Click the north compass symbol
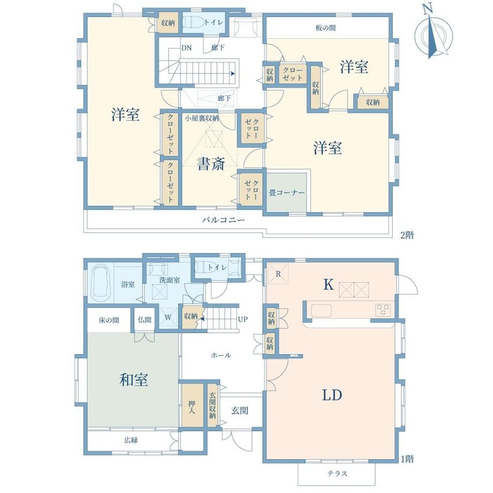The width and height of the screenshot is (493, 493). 434,35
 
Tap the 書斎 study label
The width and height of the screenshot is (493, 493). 211,164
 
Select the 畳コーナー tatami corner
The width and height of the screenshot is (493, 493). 287,192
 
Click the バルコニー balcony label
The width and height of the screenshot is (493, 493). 223,220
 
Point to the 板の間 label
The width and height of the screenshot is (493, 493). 325,28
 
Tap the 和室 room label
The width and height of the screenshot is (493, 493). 133,380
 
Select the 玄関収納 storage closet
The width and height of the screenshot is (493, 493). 213,405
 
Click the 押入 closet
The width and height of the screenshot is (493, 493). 192,406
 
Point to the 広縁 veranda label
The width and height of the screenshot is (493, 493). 131,440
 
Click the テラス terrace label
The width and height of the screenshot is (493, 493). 337,474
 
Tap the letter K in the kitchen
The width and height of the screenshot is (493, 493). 328,285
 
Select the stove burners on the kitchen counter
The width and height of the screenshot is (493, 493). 383,309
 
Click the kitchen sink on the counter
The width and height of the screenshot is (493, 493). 321,311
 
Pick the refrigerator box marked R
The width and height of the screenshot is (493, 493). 278,274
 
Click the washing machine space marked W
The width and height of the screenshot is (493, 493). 168,317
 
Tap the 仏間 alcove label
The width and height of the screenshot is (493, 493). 145,320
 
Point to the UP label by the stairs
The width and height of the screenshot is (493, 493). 243,319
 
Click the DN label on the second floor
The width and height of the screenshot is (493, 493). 186,48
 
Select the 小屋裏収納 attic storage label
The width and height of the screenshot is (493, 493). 201,118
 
